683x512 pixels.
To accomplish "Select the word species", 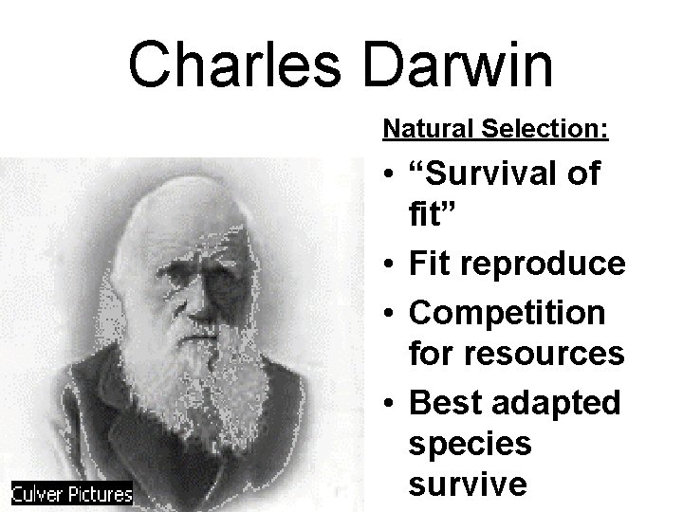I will pos(470,444).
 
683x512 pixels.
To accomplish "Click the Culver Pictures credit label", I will pos(72,493).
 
